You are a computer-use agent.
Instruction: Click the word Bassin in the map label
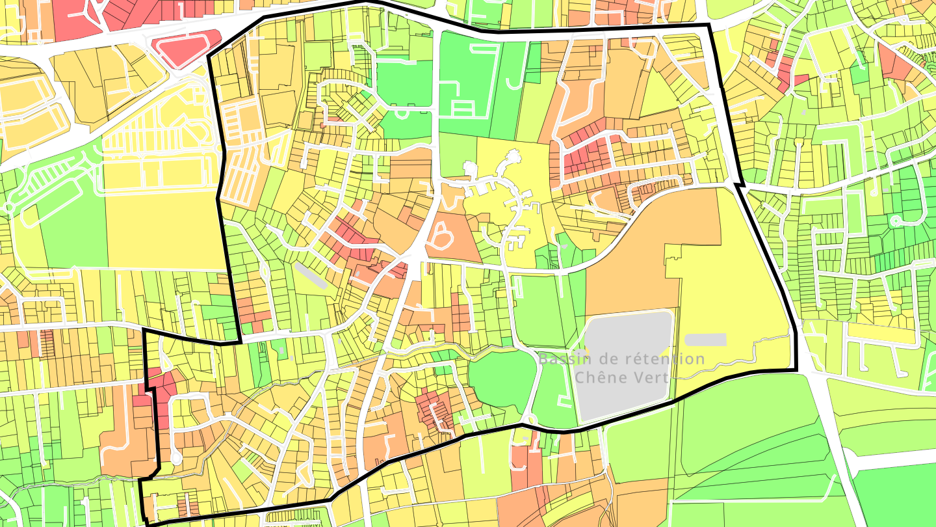564,359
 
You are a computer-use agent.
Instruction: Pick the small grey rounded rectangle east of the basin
705,340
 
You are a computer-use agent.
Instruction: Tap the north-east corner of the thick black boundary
708,25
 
